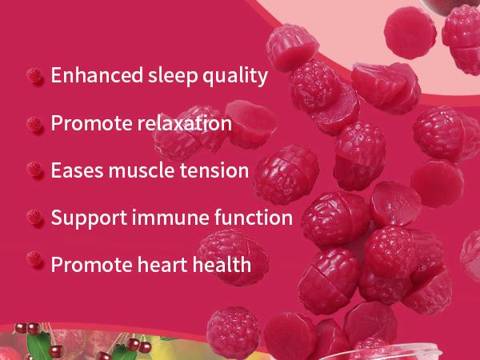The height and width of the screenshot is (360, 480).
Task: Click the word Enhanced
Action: (97, 75)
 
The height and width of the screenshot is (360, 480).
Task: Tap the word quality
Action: (235, 77)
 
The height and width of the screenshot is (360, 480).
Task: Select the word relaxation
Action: (184, 123)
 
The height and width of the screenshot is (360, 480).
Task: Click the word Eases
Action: (77, 170)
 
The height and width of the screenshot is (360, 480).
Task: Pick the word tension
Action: (214, 170)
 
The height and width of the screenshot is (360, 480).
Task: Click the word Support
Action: (89, 218)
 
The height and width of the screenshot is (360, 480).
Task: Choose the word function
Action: (253, 217)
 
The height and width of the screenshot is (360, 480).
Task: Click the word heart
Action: (162, 264)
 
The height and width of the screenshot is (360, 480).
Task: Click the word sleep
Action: (173, 77)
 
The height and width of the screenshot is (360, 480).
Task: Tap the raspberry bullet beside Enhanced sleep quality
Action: (34, 75)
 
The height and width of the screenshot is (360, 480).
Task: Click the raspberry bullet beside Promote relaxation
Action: (34, 124)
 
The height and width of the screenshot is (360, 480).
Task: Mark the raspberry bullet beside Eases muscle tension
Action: (34, 170)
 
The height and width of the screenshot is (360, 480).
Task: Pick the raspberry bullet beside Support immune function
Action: (34, 217)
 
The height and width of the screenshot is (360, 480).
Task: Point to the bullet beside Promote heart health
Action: (34, 258)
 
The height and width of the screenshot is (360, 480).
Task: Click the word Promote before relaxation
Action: (91, 123)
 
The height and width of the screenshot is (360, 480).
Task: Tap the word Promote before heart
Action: (91, 264)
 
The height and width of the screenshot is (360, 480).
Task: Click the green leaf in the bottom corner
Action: (39, 346)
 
